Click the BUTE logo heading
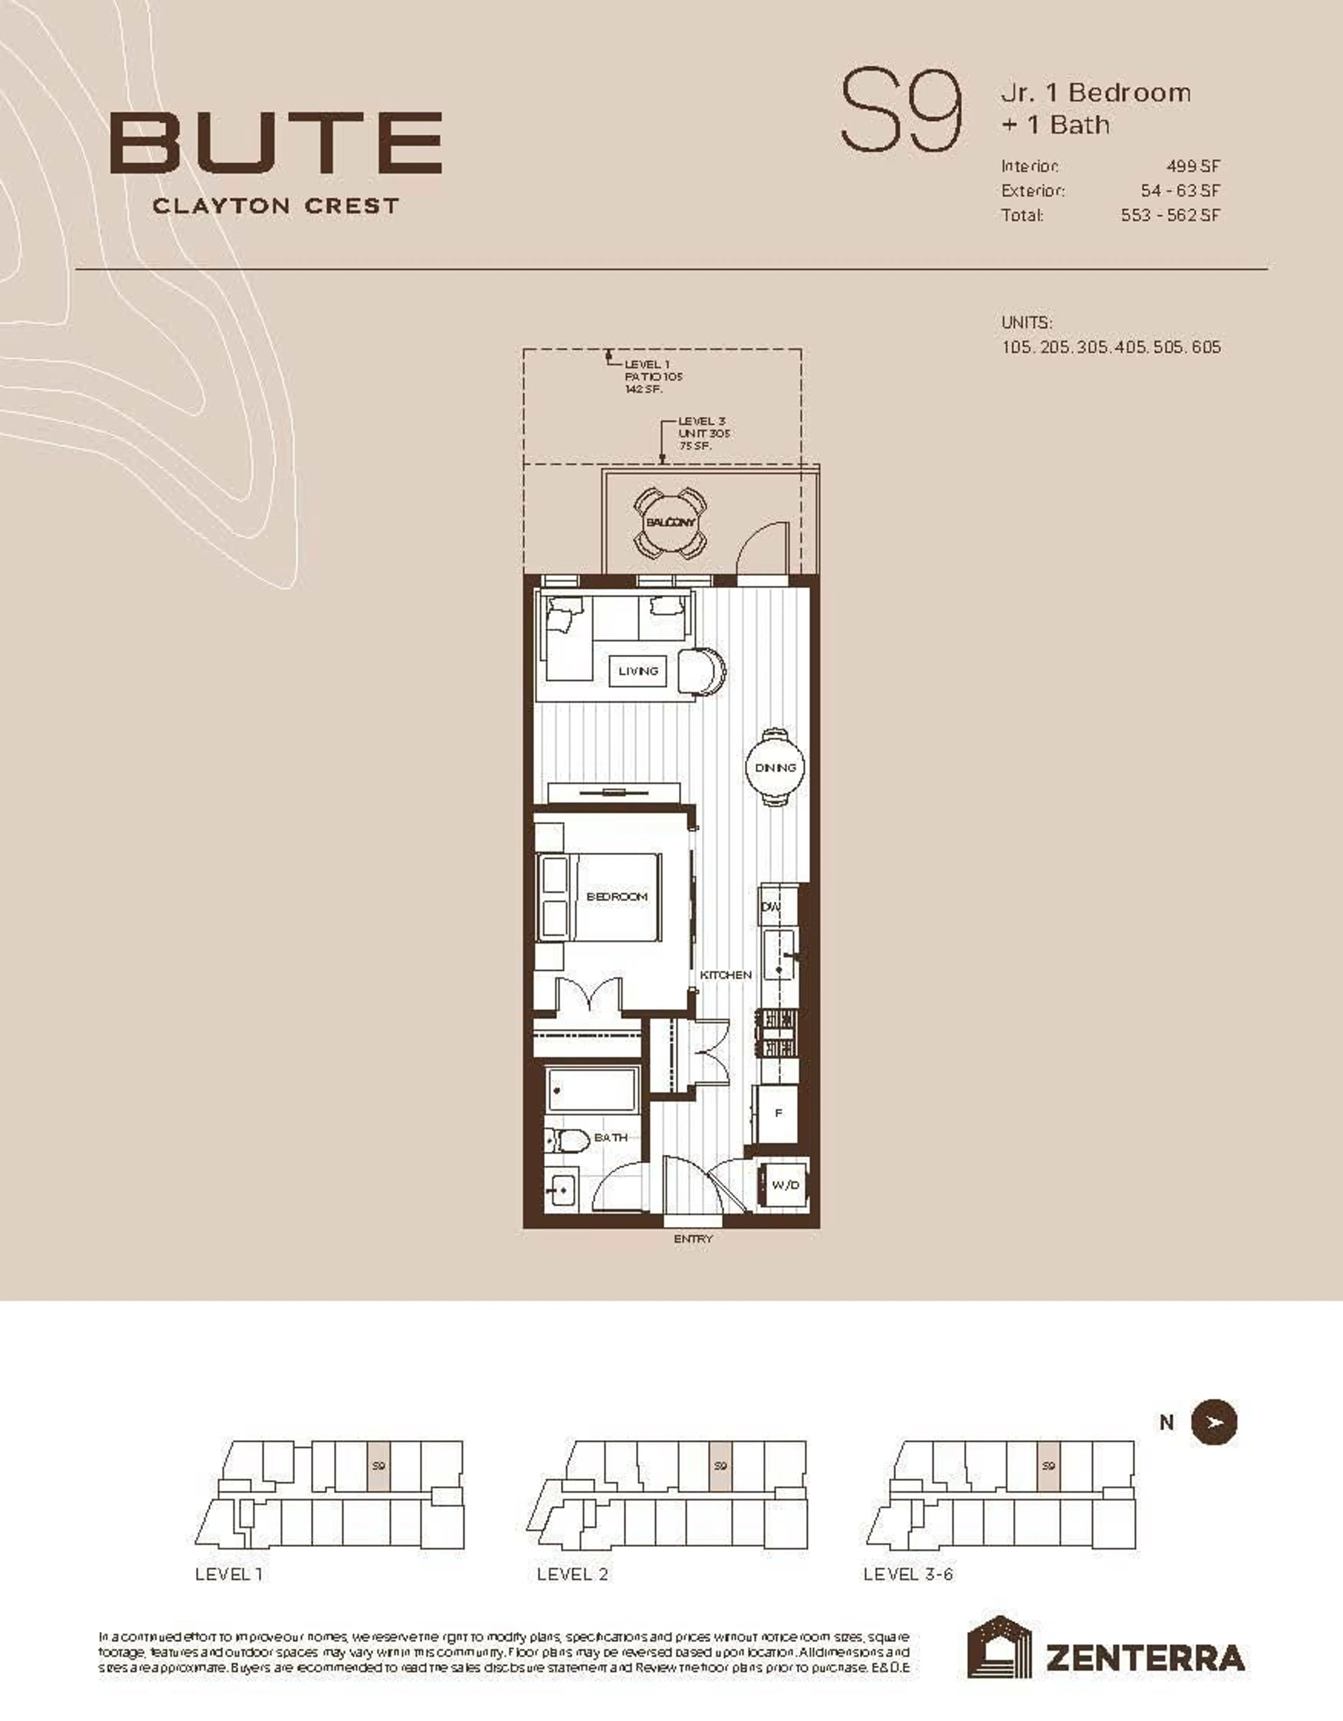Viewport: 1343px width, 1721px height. (276, 143)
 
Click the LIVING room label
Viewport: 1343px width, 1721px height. (638, 672)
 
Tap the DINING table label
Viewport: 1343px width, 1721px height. (775, 767)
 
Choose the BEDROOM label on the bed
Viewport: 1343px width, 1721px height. (617, 897)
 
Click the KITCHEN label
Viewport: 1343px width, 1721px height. (725, 975)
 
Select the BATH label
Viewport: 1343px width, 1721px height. (610, 1137)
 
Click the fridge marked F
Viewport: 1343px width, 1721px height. (778, 1114)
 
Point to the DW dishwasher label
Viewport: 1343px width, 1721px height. (771, 907)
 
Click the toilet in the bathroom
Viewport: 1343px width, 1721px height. (567, 1139)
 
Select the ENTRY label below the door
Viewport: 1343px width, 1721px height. (693, 1239)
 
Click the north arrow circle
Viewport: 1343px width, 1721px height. (1214, 1423)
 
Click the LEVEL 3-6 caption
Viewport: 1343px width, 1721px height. (908, 1574)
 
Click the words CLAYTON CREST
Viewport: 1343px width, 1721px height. (276, 206)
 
